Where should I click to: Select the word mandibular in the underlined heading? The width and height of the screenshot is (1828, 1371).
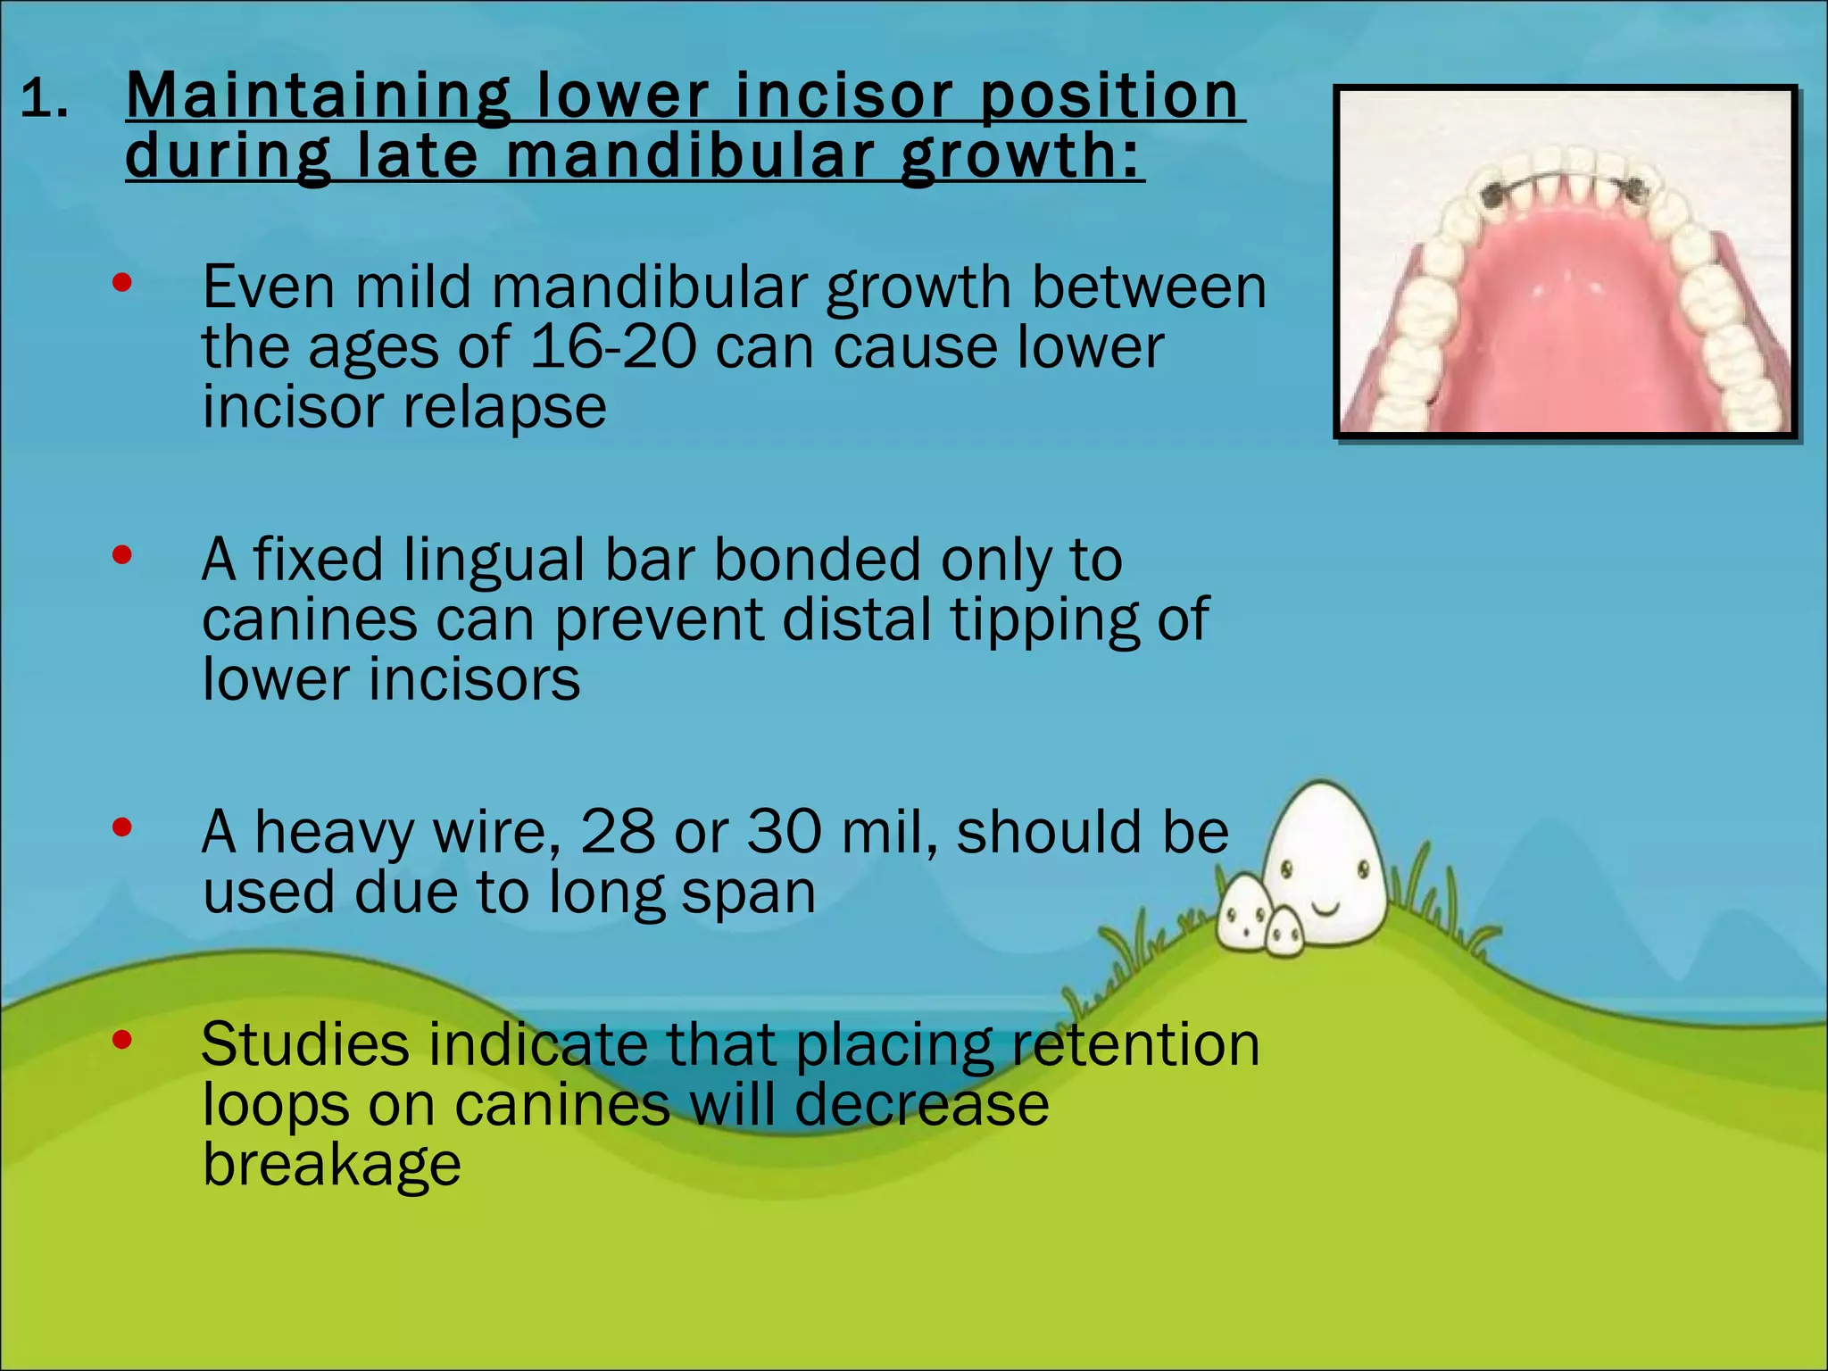689,156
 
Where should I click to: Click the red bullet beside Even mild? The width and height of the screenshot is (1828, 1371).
122,284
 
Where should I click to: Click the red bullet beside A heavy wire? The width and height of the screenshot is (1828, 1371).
122,828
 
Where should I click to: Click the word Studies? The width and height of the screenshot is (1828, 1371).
304,1044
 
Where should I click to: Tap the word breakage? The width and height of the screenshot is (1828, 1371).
331,1164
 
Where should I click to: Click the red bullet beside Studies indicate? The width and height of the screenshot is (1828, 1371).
122,1040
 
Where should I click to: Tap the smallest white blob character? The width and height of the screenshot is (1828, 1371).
1285,934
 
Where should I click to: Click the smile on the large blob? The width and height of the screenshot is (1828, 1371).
1327,909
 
